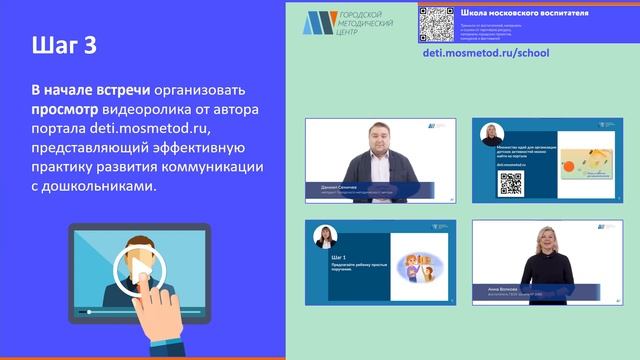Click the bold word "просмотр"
(65, 111)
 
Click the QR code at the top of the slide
(437, 23)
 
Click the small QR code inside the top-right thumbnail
(510, 182)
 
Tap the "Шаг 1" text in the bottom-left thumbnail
(322, 255)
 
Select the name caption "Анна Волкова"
(501, 288)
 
